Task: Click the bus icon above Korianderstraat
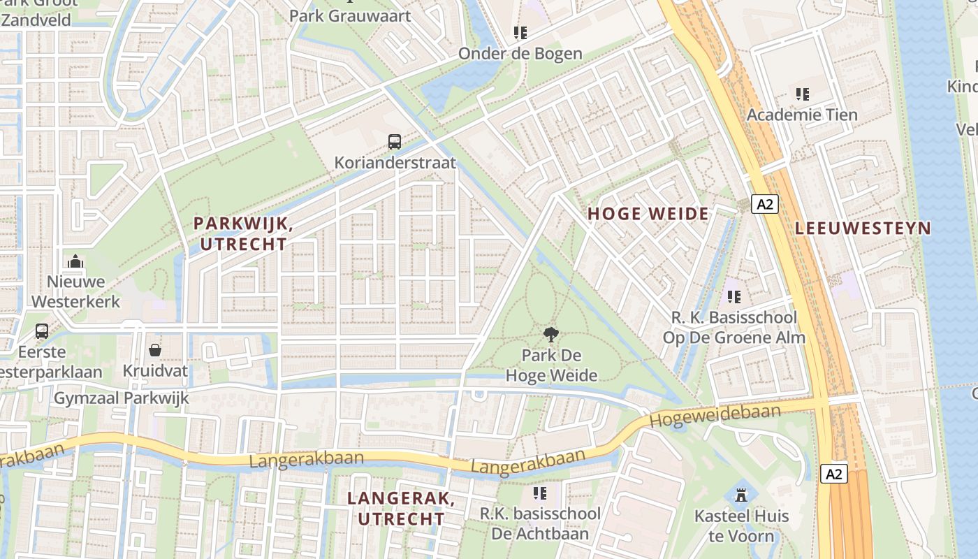[395, 142]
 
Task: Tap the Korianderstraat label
[395, 163]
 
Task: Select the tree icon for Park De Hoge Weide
[551, 334]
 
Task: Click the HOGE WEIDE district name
[648, 214]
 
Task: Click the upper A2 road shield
[765, 204]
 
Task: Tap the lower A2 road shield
[834, 474]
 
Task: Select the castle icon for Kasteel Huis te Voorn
[741, 495]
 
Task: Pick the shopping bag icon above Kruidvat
[155, 349]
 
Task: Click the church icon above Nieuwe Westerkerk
[75, 262]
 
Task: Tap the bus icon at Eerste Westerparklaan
[42, 331]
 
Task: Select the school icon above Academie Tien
[802, 94]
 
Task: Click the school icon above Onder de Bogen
[520, 32]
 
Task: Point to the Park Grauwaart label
[350, 15]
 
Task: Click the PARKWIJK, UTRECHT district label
[242, 233]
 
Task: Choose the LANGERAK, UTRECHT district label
[401, 509]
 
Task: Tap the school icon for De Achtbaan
[540, 493]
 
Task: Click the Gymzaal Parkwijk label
[122, 398]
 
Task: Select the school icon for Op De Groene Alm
[733, 297]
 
